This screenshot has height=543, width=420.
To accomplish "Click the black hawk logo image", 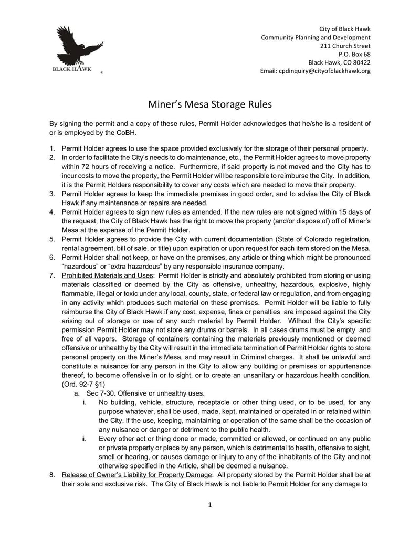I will (79, 48).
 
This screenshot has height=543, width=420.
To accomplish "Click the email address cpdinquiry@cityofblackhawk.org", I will (324, 71).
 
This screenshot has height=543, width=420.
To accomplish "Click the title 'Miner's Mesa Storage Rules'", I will (209, 104).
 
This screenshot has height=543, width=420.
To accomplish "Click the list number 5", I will (52, 239).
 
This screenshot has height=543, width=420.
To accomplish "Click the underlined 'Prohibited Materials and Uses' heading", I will (107, 275).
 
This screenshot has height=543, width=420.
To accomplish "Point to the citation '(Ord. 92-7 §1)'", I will (83, 385).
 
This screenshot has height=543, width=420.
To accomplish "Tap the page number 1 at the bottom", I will (210, 505).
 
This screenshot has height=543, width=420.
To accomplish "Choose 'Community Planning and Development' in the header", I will (316, 37).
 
